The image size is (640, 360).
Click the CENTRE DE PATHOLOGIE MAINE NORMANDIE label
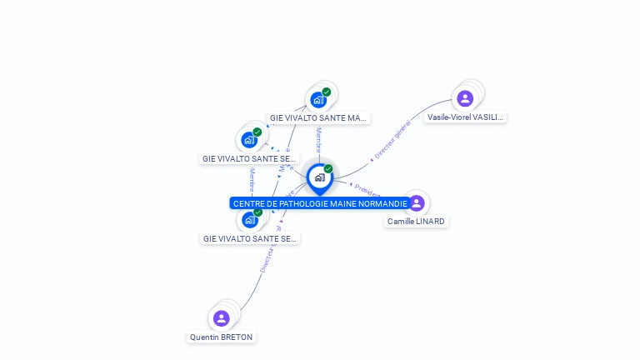pos(320,203)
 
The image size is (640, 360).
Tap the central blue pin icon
pos(319,177)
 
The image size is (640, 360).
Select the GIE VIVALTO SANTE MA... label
pos(318,118)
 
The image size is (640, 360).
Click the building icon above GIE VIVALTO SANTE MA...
pos(318,100)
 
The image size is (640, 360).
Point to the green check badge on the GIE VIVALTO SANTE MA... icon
pos(327,92)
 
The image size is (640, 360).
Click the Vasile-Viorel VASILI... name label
pos(465,117)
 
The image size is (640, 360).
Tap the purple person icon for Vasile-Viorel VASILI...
pos(465,98)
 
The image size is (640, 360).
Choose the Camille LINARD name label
pos(416,222)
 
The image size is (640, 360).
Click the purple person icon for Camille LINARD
pos(417,202)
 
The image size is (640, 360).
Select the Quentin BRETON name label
pos(221,337)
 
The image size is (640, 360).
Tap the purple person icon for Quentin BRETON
pos(221,317)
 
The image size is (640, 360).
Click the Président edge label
pos(367,189)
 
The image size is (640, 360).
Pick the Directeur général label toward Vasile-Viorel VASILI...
pos(392,140)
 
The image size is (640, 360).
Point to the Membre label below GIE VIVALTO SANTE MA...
pos(318,140)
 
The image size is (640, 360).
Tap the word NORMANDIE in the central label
pos(384,203)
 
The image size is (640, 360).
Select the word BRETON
pos(237,337)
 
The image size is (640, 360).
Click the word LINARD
pos(430,222)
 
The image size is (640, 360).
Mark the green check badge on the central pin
pos(328,168)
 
